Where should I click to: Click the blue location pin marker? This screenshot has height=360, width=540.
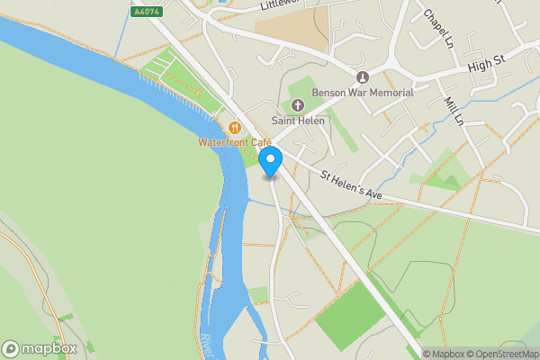pyautogui.click(x=271, y=162)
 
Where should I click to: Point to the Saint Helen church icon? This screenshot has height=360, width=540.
pyautogui.click(x=297, y=105)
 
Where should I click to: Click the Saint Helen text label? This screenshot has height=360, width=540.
pyautogui.click(x=297, y=121)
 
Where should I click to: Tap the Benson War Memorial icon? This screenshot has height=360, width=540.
pyautogui.click(x=363, y=77)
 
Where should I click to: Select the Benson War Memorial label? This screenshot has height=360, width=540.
pyautogui.click(x=363, y=93)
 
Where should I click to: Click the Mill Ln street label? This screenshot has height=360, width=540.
pyautogui.click(x=454, y=111)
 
